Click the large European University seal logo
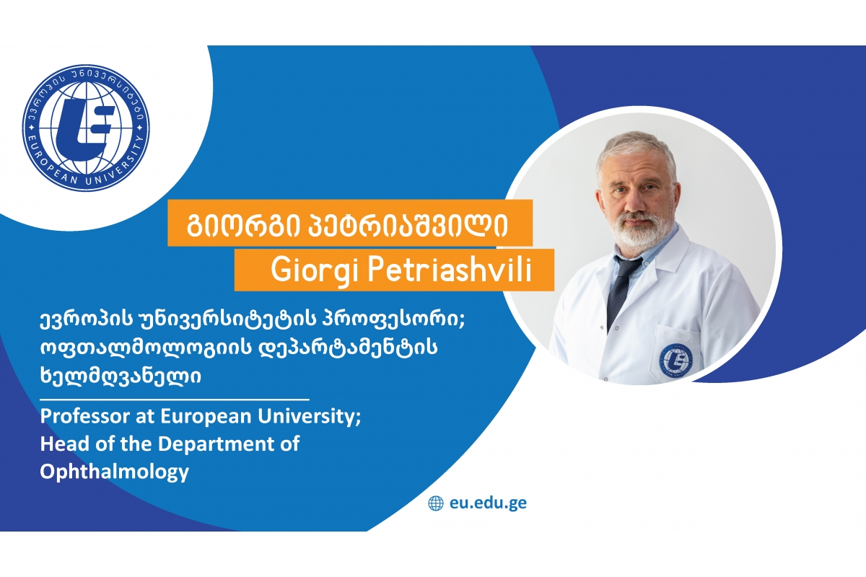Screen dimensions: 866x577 pos(86,128)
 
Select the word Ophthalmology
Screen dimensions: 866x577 pos(115,472)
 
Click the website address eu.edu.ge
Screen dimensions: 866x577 pos(488,503)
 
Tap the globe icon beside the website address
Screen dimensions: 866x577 pos(436,503)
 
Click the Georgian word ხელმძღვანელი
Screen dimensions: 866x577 pos(121,376)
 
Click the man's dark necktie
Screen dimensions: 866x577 pos(620,290)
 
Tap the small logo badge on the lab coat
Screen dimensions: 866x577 pos(675,360)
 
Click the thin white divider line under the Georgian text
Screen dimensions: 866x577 pos(175,400)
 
